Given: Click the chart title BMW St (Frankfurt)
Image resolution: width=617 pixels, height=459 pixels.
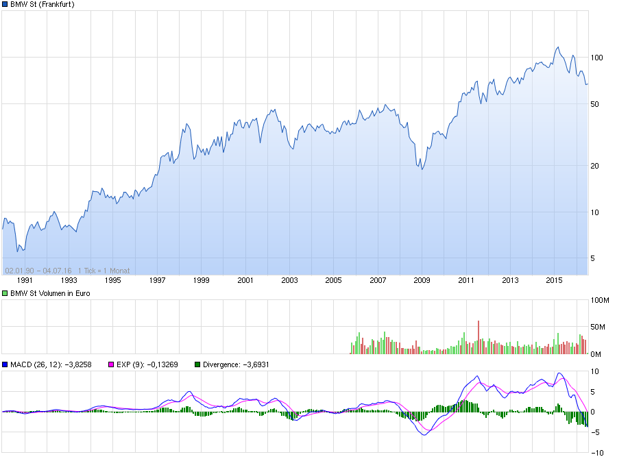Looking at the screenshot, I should click(43, 4).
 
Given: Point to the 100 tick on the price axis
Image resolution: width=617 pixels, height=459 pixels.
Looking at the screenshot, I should click(596, 58).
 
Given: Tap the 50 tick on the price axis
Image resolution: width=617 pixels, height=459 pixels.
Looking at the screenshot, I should click(596, 104).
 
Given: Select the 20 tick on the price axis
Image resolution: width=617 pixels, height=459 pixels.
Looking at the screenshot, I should click(596, 166).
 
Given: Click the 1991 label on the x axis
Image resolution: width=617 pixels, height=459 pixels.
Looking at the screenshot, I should click(25, 280).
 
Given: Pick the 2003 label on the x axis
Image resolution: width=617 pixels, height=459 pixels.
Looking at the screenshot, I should click(289, 280).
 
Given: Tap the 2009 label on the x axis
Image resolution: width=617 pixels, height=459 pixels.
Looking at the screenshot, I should click(422, 280).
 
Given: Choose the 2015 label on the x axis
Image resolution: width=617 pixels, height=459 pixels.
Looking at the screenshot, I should click(554, 280).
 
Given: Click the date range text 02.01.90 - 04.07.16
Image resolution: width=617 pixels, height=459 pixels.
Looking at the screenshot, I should click(39, 270).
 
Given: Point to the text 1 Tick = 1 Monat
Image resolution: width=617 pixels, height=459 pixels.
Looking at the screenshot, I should click(104, 270).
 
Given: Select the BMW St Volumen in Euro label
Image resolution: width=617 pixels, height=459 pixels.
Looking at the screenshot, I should click(50, 293).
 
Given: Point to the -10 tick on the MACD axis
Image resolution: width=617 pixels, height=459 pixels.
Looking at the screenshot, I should click(597, 452).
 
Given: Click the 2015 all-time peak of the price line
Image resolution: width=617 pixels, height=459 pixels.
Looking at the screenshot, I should click(558, 47).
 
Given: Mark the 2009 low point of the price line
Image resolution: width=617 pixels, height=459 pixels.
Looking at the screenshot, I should click(422, 169).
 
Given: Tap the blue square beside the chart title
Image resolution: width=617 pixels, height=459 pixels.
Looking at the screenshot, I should click(5, 4).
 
